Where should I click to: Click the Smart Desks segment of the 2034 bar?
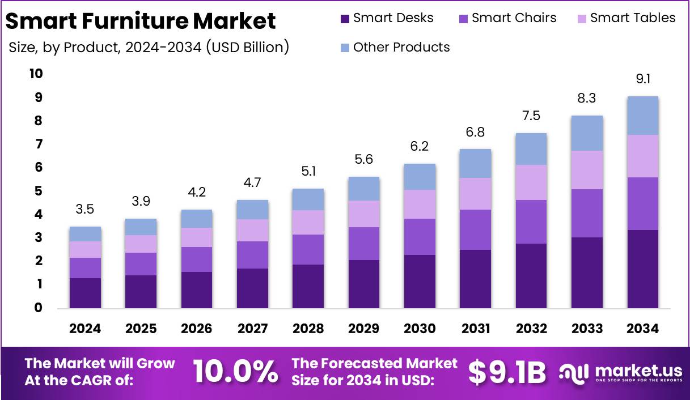642,269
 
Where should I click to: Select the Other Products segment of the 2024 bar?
85,234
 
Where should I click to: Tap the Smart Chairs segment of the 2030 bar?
420,237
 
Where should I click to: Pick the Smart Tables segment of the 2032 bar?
531,182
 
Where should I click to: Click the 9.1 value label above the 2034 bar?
642,79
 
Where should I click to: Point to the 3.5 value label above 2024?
85,209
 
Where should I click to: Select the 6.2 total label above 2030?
420,146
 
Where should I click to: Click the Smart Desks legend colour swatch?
345,18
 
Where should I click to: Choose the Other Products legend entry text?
401,47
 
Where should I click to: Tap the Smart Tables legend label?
632,18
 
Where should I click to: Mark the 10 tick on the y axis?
36,74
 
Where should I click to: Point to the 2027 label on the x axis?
252,329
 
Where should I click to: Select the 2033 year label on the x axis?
587,329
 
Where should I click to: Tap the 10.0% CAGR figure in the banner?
235,372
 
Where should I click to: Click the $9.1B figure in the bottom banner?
507,372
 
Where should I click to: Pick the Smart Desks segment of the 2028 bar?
308,286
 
